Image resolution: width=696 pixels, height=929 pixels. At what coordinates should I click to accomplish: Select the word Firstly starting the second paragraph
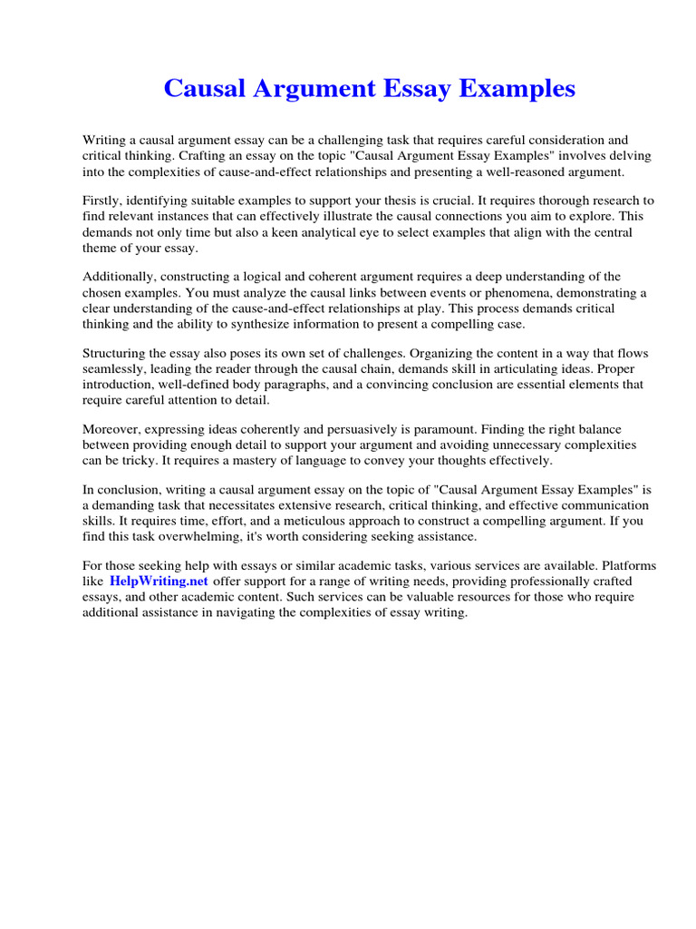(102, 200)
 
